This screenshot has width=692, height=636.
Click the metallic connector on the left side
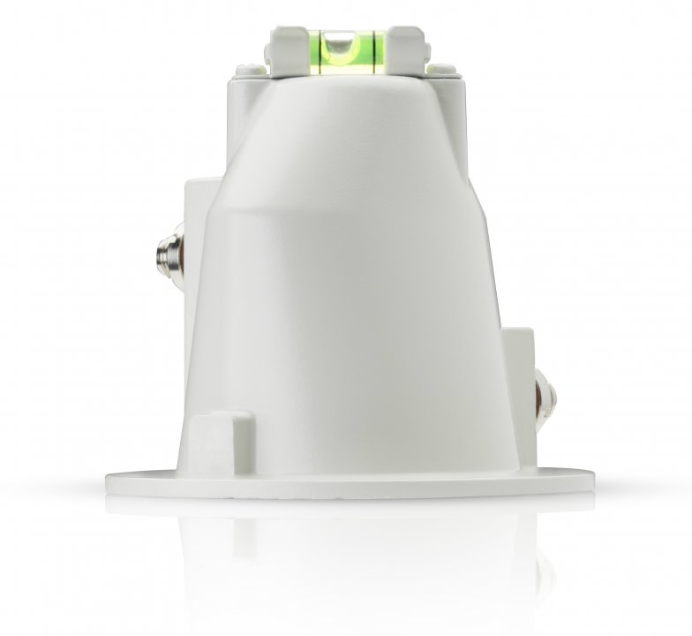click(163, 254)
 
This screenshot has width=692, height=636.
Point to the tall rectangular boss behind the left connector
click(196, 265)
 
